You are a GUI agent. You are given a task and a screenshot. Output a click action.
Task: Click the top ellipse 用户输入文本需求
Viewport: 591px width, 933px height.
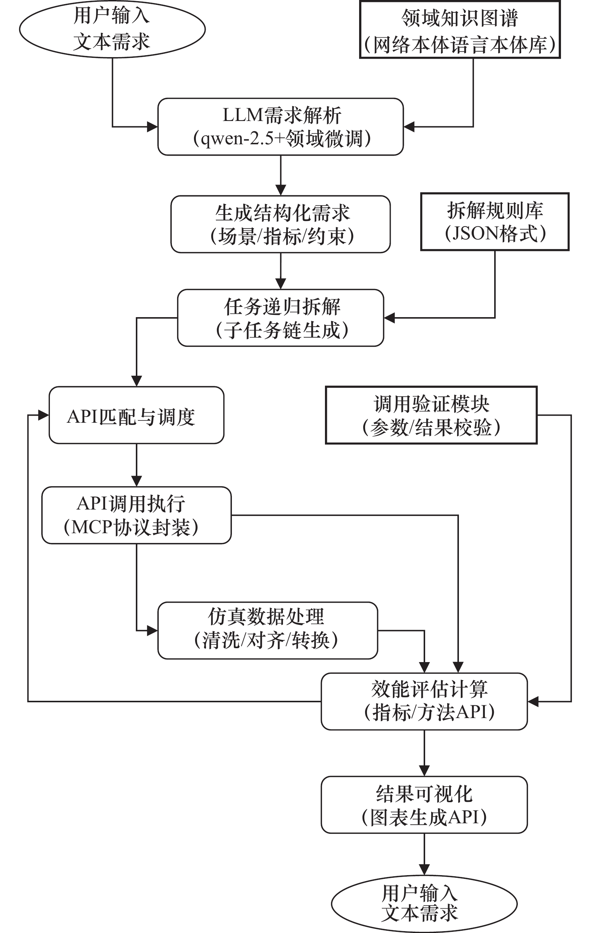[112, 29]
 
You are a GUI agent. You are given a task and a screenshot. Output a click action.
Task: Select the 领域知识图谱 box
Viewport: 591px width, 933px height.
[460, 30]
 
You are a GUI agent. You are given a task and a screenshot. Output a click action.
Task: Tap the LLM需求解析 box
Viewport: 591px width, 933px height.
[281, 127]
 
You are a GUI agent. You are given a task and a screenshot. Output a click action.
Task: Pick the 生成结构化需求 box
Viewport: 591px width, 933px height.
[281, 224]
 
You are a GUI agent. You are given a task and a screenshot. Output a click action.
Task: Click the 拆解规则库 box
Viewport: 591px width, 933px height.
[495, 222]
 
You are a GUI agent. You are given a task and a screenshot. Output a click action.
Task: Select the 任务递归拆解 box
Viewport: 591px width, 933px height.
[281, 318]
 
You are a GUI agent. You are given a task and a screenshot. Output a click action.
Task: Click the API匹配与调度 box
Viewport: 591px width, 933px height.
[136, 415]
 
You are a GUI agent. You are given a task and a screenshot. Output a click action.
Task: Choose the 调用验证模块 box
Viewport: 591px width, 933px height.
[431, 415]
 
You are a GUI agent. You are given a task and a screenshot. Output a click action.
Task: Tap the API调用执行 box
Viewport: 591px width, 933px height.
[136, 515]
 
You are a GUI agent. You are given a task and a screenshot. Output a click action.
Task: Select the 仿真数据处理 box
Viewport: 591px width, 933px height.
[268, 631]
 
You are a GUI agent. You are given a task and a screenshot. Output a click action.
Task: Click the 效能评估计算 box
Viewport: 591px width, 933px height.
[424, 702]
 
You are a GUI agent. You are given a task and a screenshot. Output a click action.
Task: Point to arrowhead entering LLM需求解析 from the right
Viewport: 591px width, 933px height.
[409, 127]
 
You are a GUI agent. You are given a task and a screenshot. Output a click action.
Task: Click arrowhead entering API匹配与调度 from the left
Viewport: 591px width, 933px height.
[44, 415]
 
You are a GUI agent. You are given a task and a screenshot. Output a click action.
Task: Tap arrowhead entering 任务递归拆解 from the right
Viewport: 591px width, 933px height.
[389, 318]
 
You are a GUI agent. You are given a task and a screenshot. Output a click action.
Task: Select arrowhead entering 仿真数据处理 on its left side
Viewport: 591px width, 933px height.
[152, 631]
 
